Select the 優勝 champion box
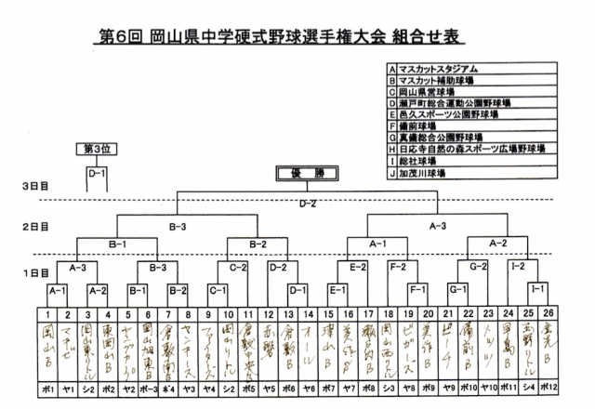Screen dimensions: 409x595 (x=303, y=173)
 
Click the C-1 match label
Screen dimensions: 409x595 (x=218, y=290)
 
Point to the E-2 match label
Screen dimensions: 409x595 (x=357, y=267)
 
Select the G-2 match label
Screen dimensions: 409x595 (x=478, y=267)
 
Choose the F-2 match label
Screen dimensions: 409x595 (x=398, y=267)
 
